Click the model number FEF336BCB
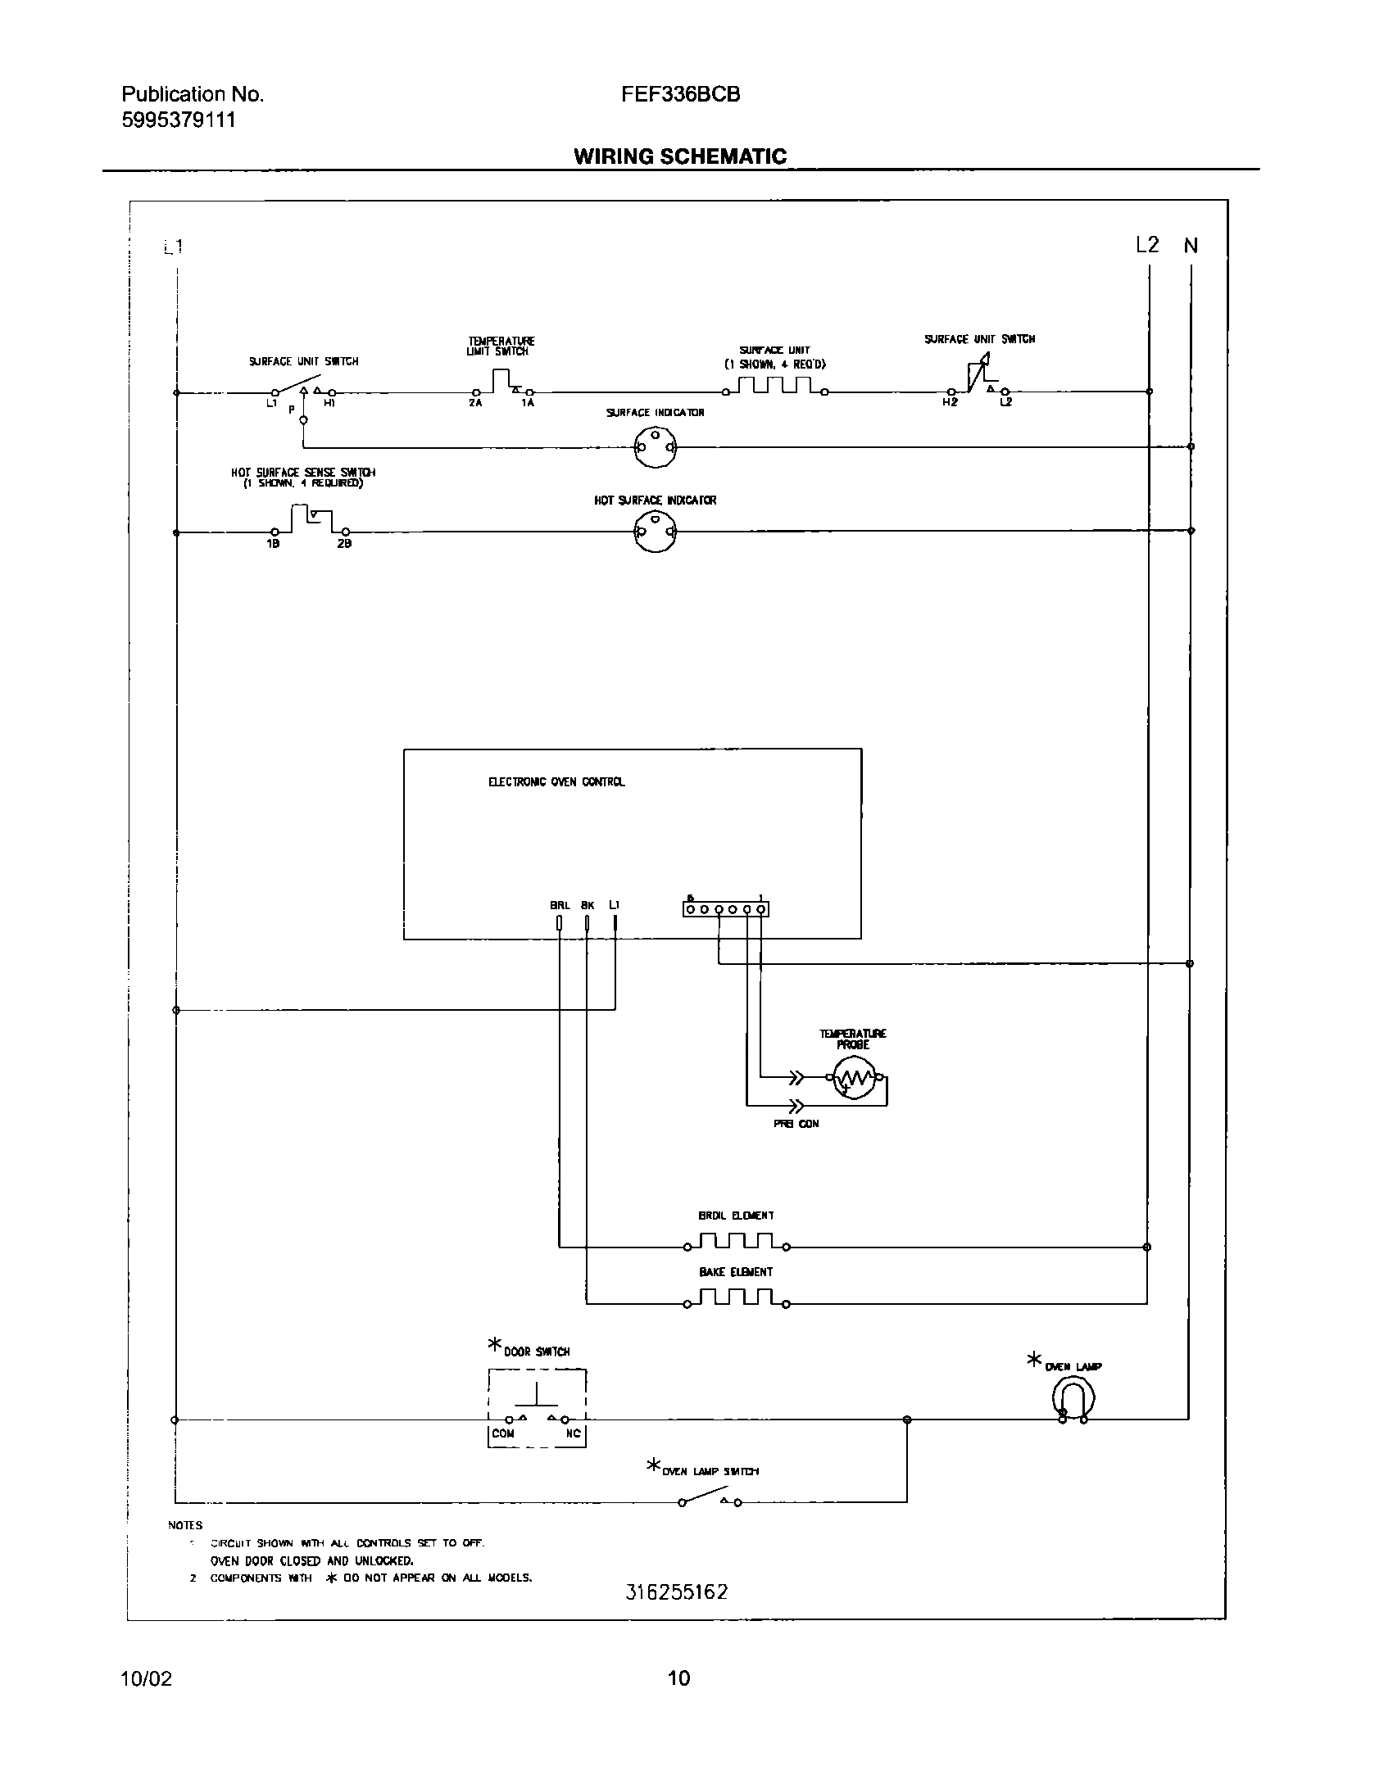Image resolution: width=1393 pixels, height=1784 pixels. click(680, 94)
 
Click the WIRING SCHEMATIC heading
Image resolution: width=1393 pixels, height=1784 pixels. click(680, 156)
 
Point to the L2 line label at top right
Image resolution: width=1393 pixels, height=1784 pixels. click(1147, 244)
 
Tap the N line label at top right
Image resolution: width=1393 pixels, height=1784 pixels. click(1191, 245)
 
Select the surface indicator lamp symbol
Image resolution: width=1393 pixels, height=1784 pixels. click(655, 447)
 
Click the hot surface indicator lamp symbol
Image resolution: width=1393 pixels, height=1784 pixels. click(655, 532)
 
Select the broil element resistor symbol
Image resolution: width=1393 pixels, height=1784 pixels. click(736, 1241)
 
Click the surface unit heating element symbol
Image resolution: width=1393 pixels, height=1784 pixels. click(774, 386)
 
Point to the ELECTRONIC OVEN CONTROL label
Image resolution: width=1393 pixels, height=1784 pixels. click(556, 782)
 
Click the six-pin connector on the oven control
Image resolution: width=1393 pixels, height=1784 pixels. click(725, 908)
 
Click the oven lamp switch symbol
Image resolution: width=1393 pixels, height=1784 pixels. click(710, 1500)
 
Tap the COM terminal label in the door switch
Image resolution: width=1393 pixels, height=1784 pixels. click(503, 1433)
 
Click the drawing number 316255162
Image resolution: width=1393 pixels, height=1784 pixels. click(676, 1592)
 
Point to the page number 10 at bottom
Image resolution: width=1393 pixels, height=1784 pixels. click(678, 1678)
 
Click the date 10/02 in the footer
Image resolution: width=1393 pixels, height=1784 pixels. click(147, 1678)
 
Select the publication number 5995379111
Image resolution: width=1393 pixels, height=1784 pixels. click(179, 120)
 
